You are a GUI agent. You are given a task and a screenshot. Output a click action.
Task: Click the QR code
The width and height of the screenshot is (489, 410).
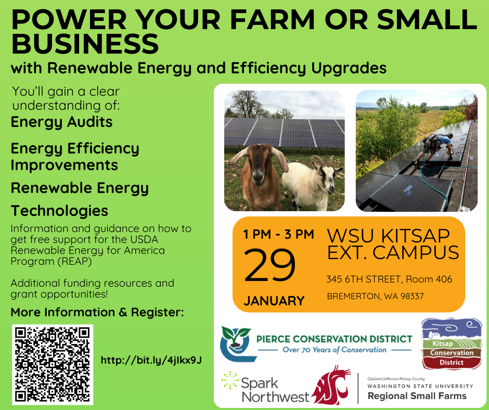(x=53, y=365)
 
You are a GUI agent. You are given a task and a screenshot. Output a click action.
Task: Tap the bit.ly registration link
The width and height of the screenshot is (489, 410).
(x=151, y=361)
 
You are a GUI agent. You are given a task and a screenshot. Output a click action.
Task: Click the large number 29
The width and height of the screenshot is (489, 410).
(x=269, y=265)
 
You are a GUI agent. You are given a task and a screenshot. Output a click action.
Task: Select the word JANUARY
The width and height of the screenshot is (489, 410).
(x=274, y=301)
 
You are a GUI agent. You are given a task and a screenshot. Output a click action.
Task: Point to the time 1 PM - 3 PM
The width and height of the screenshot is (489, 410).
(x=278, y=234)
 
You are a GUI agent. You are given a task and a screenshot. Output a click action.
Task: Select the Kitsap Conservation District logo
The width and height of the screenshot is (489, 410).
(x=451, y=343)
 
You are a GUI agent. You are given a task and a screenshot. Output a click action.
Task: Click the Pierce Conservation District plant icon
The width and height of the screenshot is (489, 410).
(x=236, y=343)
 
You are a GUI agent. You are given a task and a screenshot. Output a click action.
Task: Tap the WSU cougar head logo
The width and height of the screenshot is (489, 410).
(x=332, y=386)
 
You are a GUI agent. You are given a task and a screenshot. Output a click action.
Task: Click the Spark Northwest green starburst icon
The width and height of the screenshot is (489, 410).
(x=230, y=380)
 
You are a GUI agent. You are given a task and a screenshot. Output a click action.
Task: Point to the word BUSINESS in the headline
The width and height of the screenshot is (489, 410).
(x=85, y=43)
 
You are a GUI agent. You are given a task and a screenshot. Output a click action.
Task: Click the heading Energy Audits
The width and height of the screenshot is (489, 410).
(x=61, y=122)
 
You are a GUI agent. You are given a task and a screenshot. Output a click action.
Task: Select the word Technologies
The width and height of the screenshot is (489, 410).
(x=59, y=211)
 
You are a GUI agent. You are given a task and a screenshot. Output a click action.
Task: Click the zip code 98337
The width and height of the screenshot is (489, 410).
(x=412, y=296)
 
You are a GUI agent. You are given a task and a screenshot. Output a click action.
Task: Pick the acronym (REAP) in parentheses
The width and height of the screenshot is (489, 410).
(x=74, y=261)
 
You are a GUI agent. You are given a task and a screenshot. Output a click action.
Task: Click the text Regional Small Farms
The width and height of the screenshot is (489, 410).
(x=417, y=396)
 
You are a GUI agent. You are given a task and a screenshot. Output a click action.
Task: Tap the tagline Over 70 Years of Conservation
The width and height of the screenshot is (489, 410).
(x=334, y=350)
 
